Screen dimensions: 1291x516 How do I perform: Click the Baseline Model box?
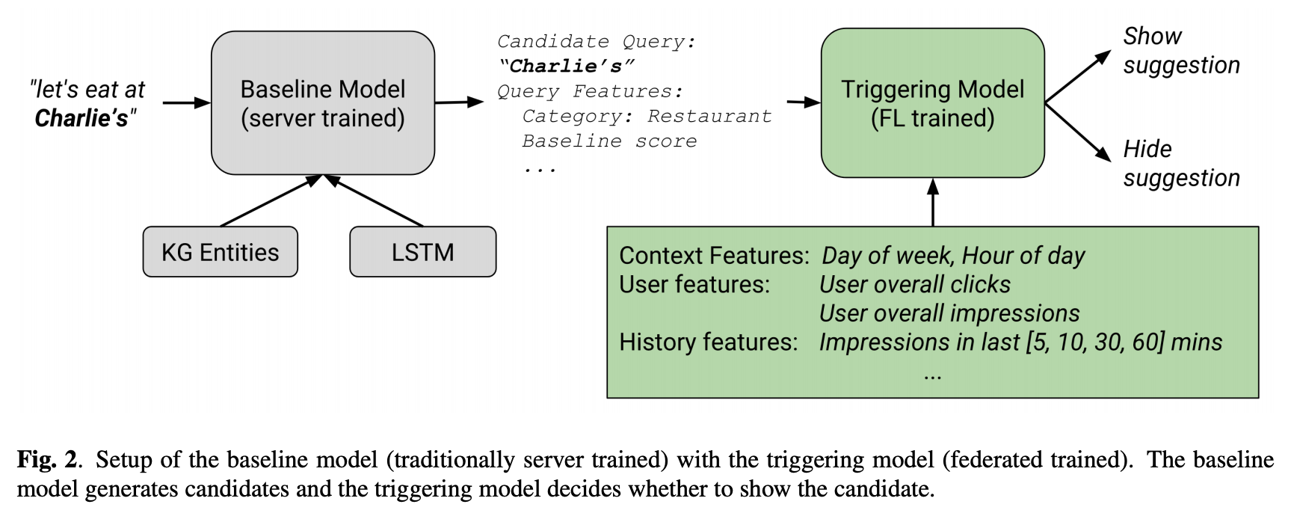click(x=323, y=103)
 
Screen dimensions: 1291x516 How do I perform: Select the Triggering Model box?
click(x=932, y=103)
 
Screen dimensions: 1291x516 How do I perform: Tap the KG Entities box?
click(x=221, y=252)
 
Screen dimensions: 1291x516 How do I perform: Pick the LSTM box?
click(x=423, y=252)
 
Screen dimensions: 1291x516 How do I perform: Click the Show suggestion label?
click(x=1181, y=50)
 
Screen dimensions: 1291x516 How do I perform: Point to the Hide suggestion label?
click(x=1181, y=163)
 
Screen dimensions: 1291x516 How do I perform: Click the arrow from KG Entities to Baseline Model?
click(x=271, y=200)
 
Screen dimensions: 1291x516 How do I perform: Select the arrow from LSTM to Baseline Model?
click(x=374, y=200)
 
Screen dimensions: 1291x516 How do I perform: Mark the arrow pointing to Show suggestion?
click(x=1078, y=77)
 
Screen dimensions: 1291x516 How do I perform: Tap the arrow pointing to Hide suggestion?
click(x=1078, y=132)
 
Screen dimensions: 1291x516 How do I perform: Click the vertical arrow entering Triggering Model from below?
click(x=933, y=202)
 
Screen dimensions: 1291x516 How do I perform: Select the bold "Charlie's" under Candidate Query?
click(x=567, y=66)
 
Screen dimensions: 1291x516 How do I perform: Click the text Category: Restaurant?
click(x=647, y=116)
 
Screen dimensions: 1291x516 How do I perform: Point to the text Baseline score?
click(x=609, y=141)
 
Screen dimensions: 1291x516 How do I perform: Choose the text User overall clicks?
click(x=915, y=284)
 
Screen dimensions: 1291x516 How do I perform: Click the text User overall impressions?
click(x=949, y=313)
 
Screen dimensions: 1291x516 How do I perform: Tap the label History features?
click(x=709, y=342)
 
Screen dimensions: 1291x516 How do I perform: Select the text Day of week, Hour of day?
click(x=953, y=256)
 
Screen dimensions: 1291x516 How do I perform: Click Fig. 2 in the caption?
click(x=47, y=459)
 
